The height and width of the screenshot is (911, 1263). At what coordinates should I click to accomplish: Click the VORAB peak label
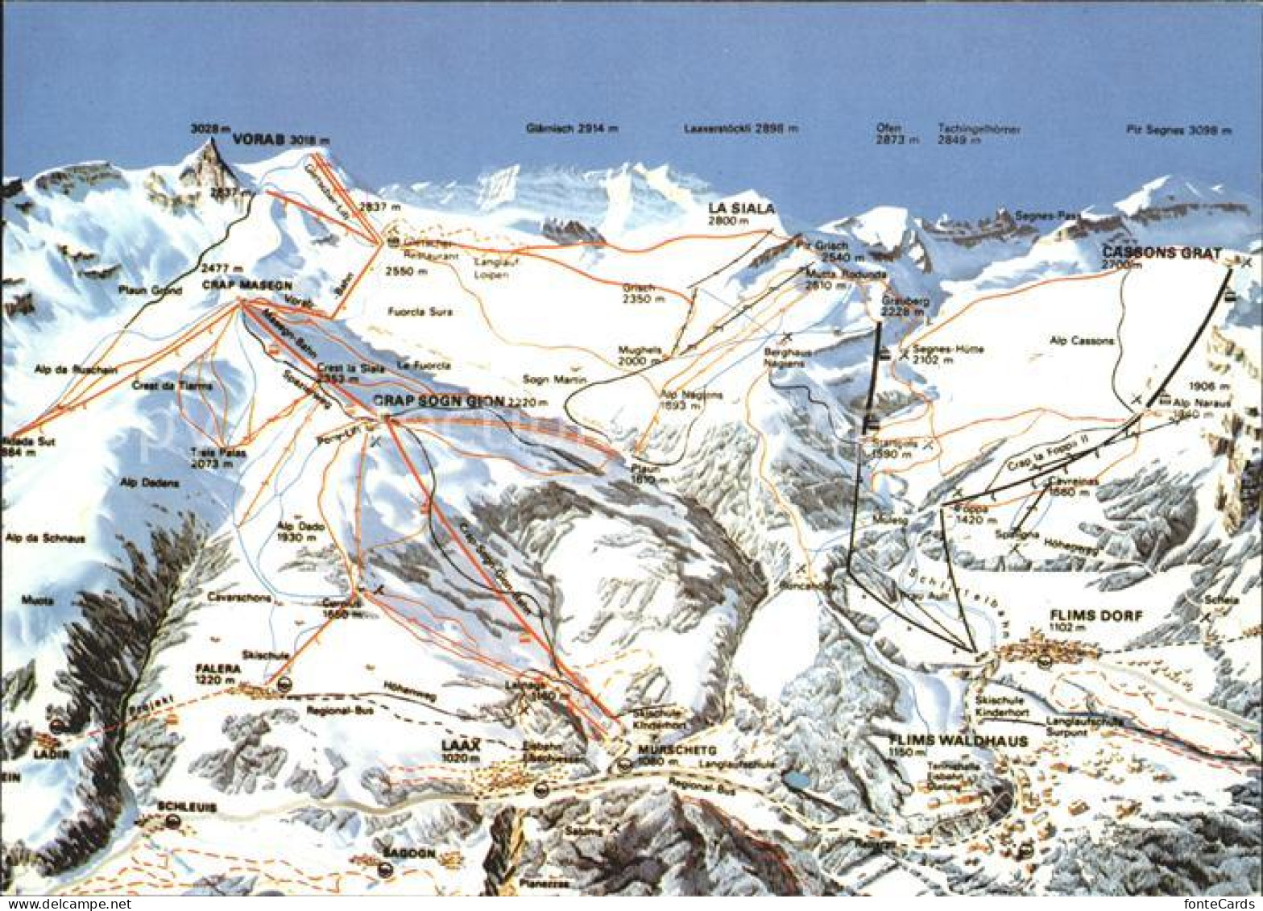tap(259, 139)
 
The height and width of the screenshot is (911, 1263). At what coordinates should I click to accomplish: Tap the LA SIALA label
tap(741, 208)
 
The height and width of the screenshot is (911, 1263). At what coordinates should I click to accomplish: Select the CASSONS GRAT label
tap(1161, 251)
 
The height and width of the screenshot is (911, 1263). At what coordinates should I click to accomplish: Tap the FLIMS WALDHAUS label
tap(959, 740)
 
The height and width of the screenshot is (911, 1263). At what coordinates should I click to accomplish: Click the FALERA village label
tap(218, 668)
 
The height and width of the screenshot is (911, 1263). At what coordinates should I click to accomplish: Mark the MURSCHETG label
tap(665, 749)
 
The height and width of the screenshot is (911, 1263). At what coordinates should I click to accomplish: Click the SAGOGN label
tap(409, 853)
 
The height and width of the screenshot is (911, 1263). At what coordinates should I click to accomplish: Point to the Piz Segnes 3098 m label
tap(1178, 130)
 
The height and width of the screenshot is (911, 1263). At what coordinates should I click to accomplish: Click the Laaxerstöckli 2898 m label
tap(741, 128)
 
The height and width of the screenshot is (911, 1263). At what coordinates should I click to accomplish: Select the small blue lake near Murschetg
tap(799, 779)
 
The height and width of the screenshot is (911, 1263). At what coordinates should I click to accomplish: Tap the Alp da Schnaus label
tap(45, 538)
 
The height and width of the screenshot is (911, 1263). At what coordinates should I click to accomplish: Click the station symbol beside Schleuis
tap(172, 822)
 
